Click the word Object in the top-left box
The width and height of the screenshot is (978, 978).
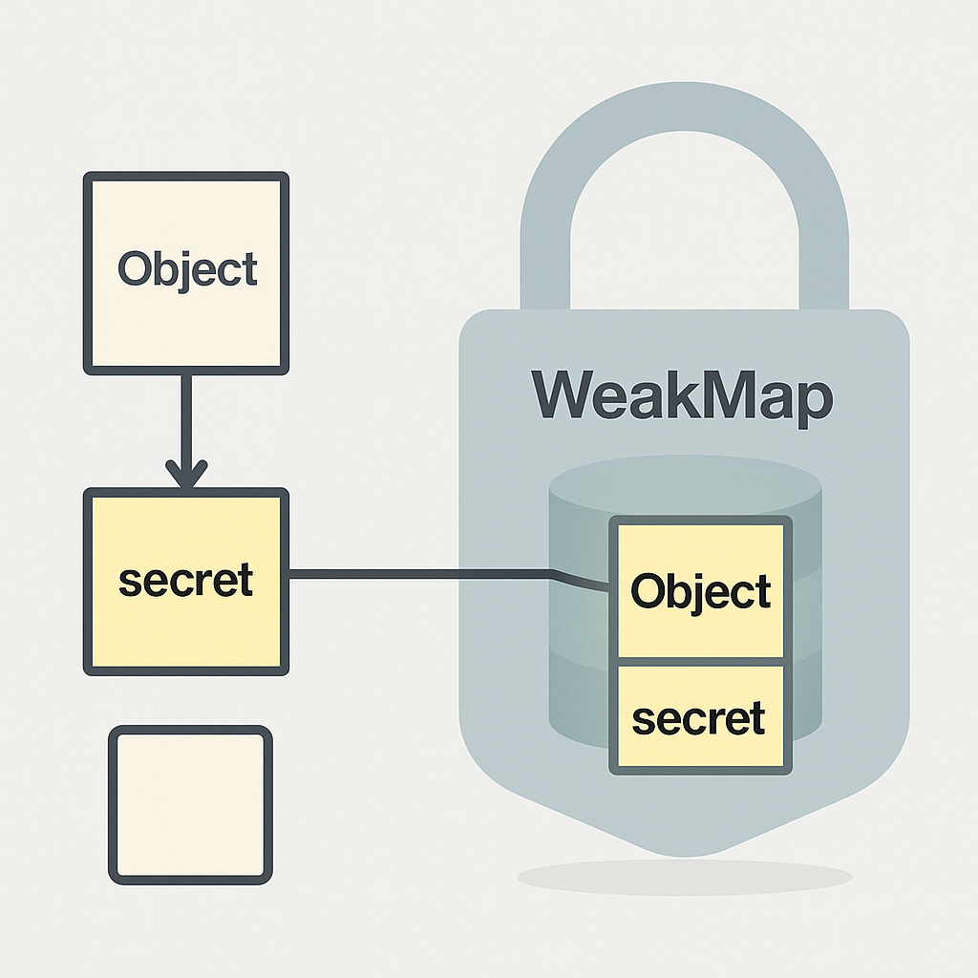pos(187,269)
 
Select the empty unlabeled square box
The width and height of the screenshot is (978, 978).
pos(191,803)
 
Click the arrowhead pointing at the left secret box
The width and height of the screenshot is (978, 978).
pos(186,473)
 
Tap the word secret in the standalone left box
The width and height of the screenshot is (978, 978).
pos(186,580)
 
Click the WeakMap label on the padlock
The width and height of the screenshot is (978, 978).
pos(682,394)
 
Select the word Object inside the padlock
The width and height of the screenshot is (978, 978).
pos(700,592)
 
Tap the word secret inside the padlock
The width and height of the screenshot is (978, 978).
pos(699,718)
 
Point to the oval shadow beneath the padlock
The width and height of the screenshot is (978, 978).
pos(684,876)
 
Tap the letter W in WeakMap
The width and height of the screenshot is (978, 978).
pos(569,394)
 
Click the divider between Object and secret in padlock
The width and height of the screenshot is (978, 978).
pos(700,661)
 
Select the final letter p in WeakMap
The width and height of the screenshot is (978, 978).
pos(812,401)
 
